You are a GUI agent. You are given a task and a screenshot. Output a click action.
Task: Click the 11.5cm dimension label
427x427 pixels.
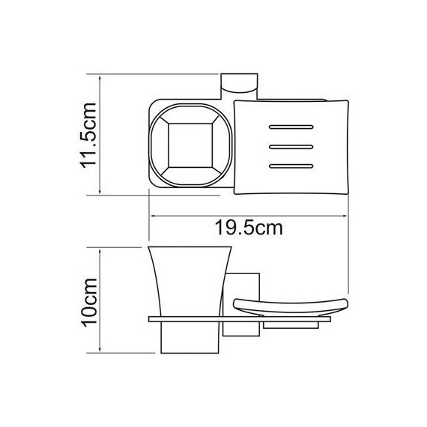click(x=88, y=135)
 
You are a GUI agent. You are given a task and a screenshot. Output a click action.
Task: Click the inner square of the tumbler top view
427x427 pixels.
click(x=187, y=144)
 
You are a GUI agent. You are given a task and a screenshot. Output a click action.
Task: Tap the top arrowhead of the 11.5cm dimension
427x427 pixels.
click(x=100, y=76)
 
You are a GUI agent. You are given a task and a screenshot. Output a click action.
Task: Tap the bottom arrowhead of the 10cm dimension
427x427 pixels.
click(x=101, y=352)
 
